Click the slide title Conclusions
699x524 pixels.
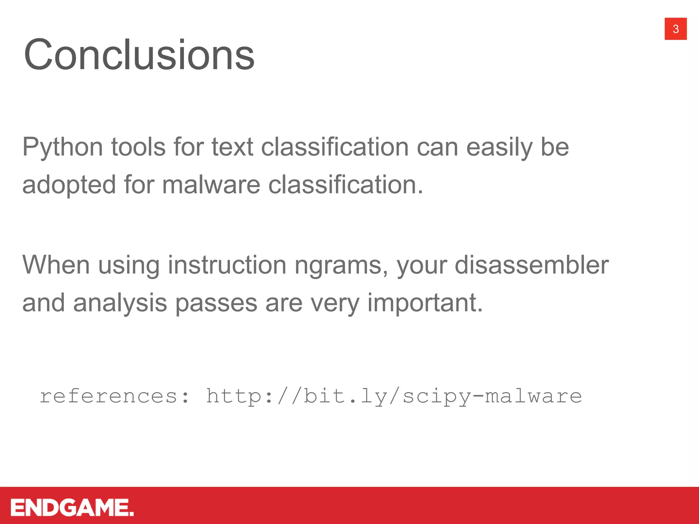pos(139,55)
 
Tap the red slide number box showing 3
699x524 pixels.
pos(675,29)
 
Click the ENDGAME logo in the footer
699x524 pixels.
pos(72,508)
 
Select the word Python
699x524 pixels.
pos(62,147)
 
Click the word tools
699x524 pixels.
pos(138,147)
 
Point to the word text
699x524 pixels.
pos(232,147)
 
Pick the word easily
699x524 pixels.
pos(499,147)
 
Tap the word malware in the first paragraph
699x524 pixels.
pos(211,185)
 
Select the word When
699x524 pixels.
pos(56,265)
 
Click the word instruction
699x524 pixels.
pos(227,265)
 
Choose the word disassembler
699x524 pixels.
pos(531,265)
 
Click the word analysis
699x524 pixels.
pos(120,303)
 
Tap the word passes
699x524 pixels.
pos(216,303)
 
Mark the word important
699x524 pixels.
pos(425,303)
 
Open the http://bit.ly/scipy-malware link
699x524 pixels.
pos(394,396)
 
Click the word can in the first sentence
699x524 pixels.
pos(437,147)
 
